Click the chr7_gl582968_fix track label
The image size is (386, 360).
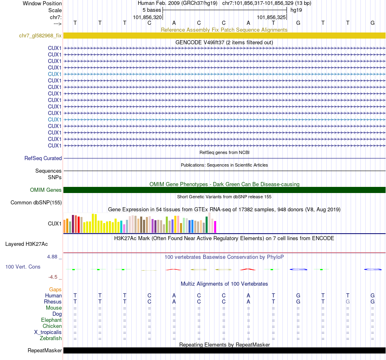click(x=40, y=36)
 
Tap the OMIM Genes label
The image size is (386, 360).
click(x=46, y=190)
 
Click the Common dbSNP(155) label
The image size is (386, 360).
click(x=36, y=203)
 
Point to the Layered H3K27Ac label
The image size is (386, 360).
click(x=26, y=244)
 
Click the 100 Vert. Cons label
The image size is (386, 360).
click(x=23, y=267)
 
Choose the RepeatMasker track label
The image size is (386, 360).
click(x=45, y=351)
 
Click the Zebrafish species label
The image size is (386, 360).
click(x=51, y=338)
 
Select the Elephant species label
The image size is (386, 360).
click(x=51, y=320)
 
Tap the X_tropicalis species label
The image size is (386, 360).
click(x=48, y=332)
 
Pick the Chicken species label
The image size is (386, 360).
click(x=52, y=326)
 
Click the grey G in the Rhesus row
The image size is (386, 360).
click(x=347, y=302)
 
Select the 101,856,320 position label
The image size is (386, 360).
click(x=147, y=17)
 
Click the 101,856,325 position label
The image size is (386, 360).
click(x=271, y=17)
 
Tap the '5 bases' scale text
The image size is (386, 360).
click(x=151, y=10)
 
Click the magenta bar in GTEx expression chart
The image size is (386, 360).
click(x=215, y=227)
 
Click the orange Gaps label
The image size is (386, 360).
click(x=55, y=289)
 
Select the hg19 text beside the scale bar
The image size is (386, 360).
click(x=295, y=10)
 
